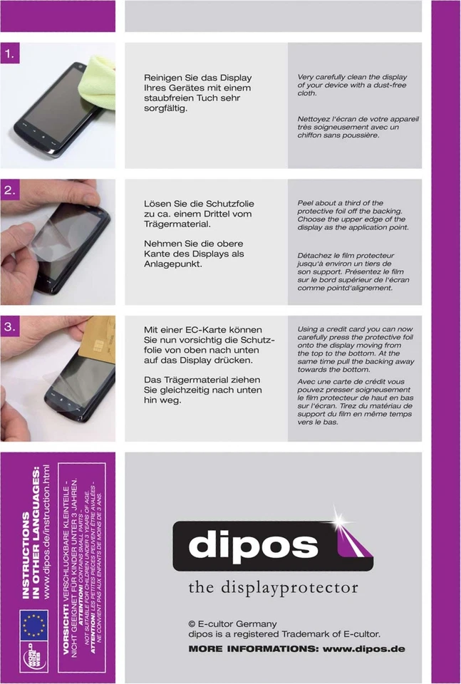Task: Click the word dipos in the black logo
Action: (252, 546)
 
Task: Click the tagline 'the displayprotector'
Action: (273, 588)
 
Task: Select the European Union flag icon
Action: (33, 626)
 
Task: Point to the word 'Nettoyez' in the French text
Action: (316, 118)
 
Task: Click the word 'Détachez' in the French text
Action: (318, 255)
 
